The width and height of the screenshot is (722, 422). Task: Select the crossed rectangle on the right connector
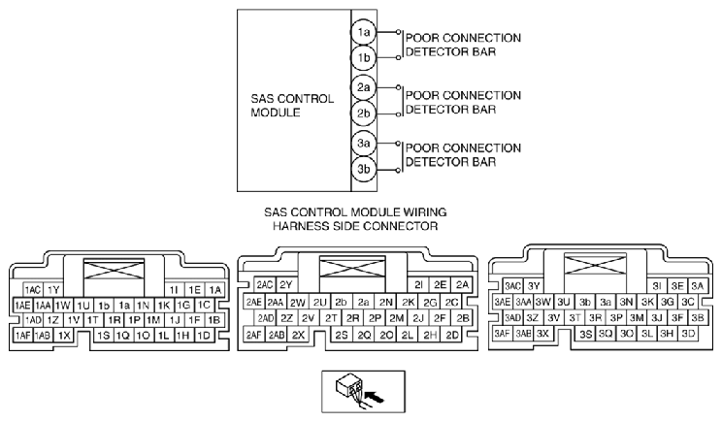click(590, 265)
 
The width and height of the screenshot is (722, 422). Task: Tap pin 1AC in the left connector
click(33, 290)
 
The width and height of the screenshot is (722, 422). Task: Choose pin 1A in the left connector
click(214, 289)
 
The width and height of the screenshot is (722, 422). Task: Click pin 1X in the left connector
click(64, 335)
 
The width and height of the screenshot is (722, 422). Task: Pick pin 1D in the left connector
click(204, 335)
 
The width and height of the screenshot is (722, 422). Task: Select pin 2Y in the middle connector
click(286, 285)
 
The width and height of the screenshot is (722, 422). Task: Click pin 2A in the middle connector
click(462, 285)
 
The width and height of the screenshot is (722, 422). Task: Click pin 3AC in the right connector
click(513, 285)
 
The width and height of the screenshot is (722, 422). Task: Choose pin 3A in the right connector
click(696, 285)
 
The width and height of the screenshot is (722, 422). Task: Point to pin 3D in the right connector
click(688, 334)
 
